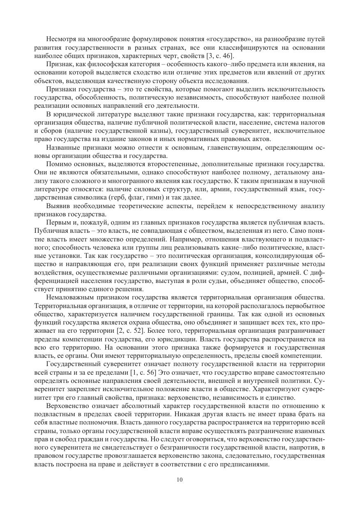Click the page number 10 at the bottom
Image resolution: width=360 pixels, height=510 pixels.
[180, 480]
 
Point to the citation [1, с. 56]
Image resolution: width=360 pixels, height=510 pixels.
[136, 374]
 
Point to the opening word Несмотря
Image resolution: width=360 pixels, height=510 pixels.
[62, 39]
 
